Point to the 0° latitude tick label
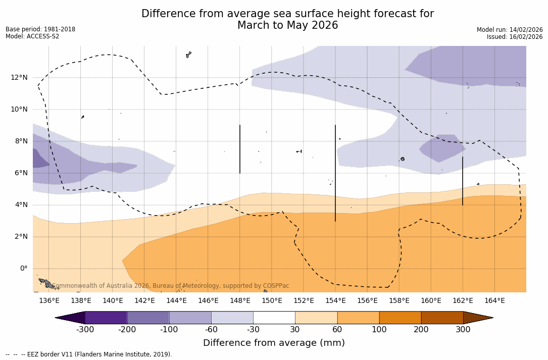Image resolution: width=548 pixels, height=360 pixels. pos(23,269)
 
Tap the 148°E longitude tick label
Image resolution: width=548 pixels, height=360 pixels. pos(240,301)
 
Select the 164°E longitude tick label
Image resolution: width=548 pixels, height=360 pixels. pos(494,301)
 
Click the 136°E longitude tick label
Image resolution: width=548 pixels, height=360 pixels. pos(49,301)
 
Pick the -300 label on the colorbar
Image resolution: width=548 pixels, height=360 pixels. pos(85,330)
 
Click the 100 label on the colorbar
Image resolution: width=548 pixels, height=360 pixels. pos(379,330)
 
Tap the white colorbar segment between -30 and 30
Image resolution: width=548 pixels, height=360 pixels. pos(274,318)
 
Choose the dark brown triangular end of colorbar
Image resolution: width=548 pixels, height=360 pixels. pos(477,318)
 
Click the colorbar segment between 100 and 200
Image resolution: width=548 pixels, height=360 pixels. pos(400,318)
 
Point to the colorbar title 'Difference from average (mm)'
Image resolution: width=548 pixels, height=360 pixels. pos(274,343)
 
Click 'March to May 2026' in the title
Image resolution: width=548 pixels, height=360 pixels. pos(287,26)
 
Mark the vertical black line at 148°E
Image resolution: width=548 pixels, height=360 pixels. pos(240,149)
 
